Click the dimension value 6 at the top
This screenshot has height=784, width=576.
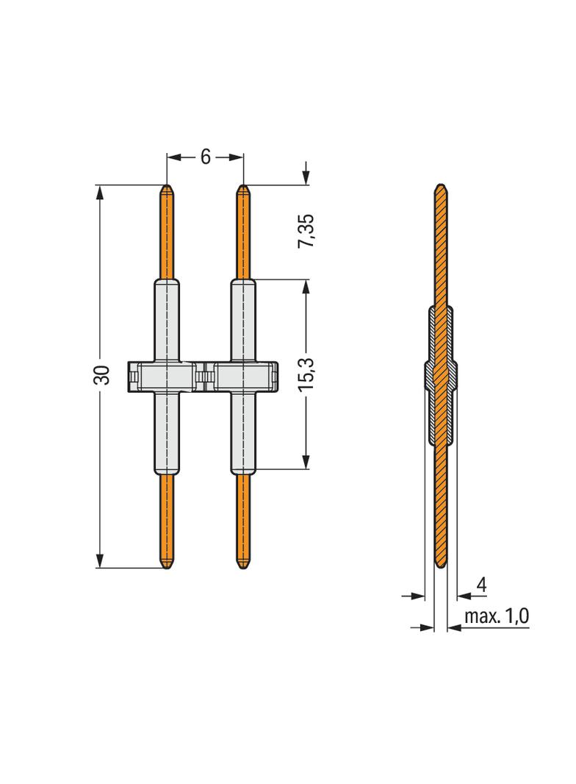point(205,157)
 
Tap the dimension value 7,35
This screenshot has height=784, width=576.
point(306,232)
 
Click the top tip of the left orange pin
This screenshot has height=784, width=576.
point(168,187)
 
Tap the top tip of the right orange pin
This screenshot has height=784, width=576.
point(244,187)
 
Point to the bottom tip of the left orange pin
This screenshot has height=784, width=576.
point(168,567)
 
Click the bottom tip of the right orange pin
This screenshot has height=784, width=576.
point(244,567)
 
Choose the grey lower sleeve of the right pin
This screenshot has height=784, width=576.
point(244,434)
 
